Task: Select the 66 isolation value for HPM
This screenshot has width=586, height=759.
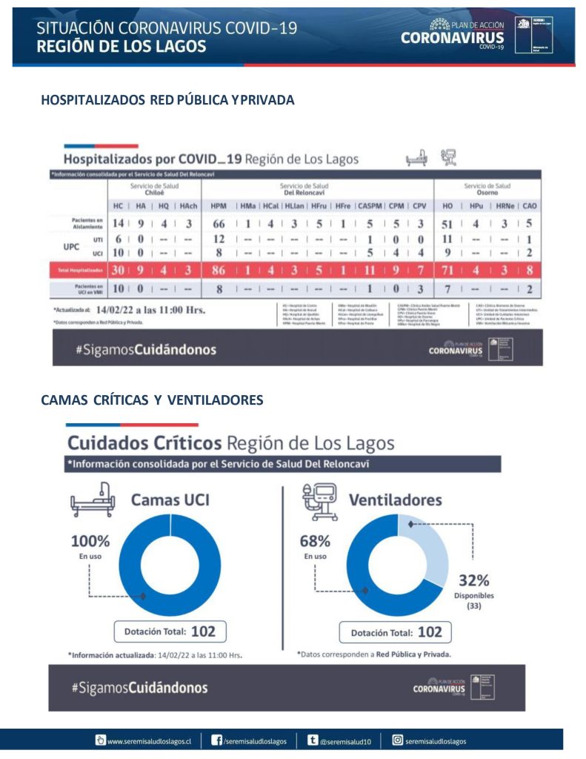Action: pos(219,224)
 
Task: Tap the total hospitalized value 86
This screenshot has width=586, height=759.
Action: pos(219,271)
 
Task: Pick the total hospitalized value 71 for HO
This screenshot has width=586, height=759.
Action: pos(447,271)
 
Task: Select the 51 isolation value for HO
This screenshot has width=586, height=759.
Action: pos(447,224)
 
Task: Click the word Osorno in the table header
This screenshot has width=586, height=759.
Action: pos(487,191)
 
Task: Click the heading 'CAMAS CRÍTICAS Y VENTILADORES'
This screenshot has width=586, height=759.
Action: pos(152,400)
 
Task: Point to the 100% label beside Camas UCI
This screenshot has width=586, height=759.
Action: pos(90,542)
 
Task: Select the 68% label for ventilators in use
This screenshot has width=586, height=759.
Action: pos(314,541)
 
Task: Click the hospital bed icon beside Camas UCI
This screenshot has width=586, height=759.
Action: pos(91,499)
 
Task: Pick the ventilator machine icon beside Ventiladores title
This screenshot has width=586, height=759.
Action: pos(321,499)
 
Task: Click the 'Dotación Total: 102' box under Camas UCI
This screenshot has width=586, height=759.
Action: pos(170,632)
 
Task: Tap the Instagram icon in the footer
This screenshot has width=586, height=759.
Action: pos(397,739)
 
